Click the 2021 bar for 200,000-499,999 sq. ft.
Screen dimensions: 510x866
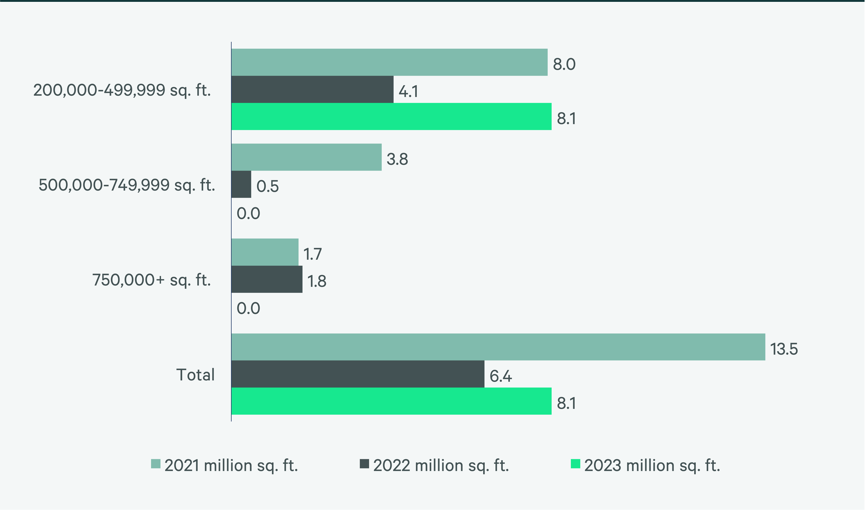coord(389,62)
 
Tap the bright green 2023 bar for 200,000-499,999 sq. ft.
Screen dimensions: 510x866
coord(391,117)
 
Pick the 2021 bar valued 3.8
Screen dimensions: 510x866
coord(306,157)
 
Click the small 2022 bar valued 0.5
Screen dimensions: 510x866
coord(241,184)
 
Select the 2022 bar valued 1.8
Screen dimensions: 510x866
coord(267,279)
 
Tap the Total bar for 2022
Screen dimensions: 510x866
coord(358,374)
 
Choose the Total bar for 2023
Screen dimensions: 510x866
coord(391,401)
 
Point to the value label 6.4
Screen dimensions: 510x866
coord(501,376)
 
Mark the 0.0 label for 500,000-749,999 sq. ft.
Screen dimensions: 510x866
coord(248,213)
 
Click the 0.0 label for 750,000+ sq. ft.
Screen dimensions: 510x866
coord(248,308)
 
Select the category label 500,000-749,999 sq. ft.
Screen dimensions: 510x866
coord(127,185)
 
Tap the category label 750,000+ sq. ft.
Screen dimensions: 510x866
coord(151,280)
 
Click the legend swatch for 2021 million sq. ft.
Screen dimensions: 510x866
coord(156,464)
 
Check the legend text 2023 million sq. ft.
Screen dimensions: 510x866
coord(652,466)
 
